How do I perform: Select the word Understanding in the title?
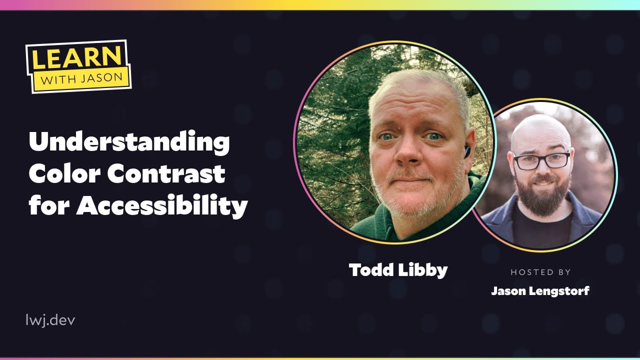point(129,143)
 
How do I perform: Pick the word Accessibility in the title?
point(162,205)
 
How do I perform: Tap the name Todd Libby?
point(398,270)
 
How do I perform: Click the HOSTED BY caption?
point(540,272)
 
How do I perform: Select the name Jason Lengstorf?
point(540,290)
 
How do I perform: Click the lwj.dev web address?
point(50,320)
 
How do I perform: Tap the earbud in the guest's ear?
point(466,151)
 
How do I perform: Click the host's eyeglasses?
point(541,160)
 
